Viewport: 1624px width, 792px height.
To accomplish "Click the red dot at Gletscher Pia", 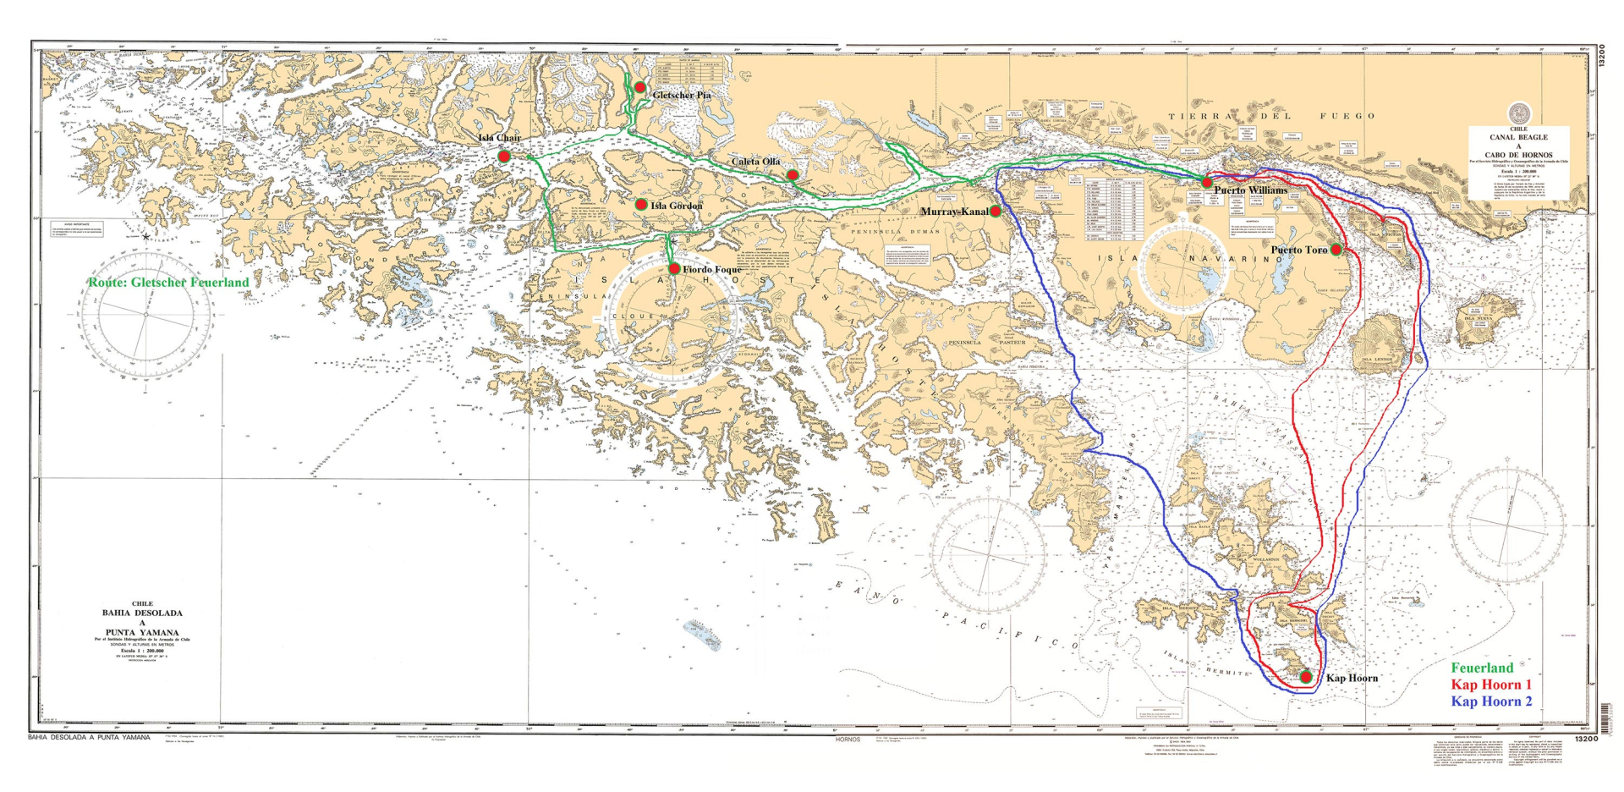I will (x=640, y=87).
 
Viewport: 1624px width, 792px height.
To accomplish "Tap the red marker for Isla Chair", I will (x=503, y=157).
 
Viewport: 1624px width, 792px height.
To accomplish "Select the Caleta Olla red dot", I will (x=793, y=175).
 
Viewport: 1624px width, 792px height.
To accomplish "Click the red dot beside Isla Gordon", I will (x=641, y=205).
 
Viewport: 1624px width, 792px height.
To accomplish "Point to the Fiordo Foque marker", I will (x=674, y=268).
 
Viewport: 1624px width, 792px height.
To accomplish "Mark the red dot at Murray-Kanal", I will (x=996, y=212).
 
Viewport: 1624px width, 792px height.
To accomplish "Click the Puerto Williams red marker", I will (x=1207, y=183).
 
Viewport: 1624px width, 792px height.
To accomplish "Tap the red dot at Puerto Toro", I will (x=1336, y=250).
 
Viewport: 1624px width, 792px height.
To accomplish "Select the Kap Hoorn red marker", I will (x=1306, y=677).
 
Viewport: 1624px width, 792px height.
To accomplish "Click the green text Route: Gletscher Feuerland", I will (x=168, y=283).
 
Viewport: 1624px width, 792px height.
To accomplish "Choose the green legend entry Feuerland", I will (x=1483, y=668).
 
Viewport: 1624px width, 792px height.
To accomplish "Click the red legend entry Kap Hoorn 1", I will (x=1491, y=685).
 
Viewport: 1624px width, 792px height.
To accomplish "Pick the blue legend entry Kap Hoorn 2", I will (x=1491, y=701).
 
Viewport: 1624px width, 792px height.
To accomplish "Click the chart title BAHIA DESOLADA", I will (x=142, y=613).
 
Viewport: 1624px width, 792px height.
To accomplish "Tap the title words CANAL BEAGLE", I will (x=1518, y=137).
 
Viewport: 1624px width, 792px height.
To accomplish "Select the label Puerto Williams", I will (x=1251, y=190).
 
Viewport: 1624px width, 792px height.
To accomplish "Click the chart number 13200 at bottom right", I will (x=1585, y=740).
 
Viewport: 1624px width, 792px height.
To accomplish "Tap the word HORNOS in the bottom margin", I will (x=847, y=740).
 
